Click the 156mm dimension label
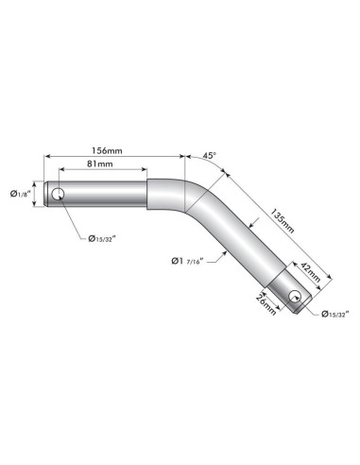[x=107, y=150]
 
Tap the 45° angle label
[x=210, y=155]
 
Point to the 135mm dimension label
[x=283, y=220]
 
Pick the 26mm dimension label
[x=266, y=304]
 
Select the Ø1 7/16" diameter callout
[x=188, y=261]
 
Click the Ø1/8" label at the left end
[x=20, y=194]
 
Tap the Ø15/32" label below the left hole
[x=102, y=239]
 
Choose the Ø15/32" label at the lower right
[x=335, y=314]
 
